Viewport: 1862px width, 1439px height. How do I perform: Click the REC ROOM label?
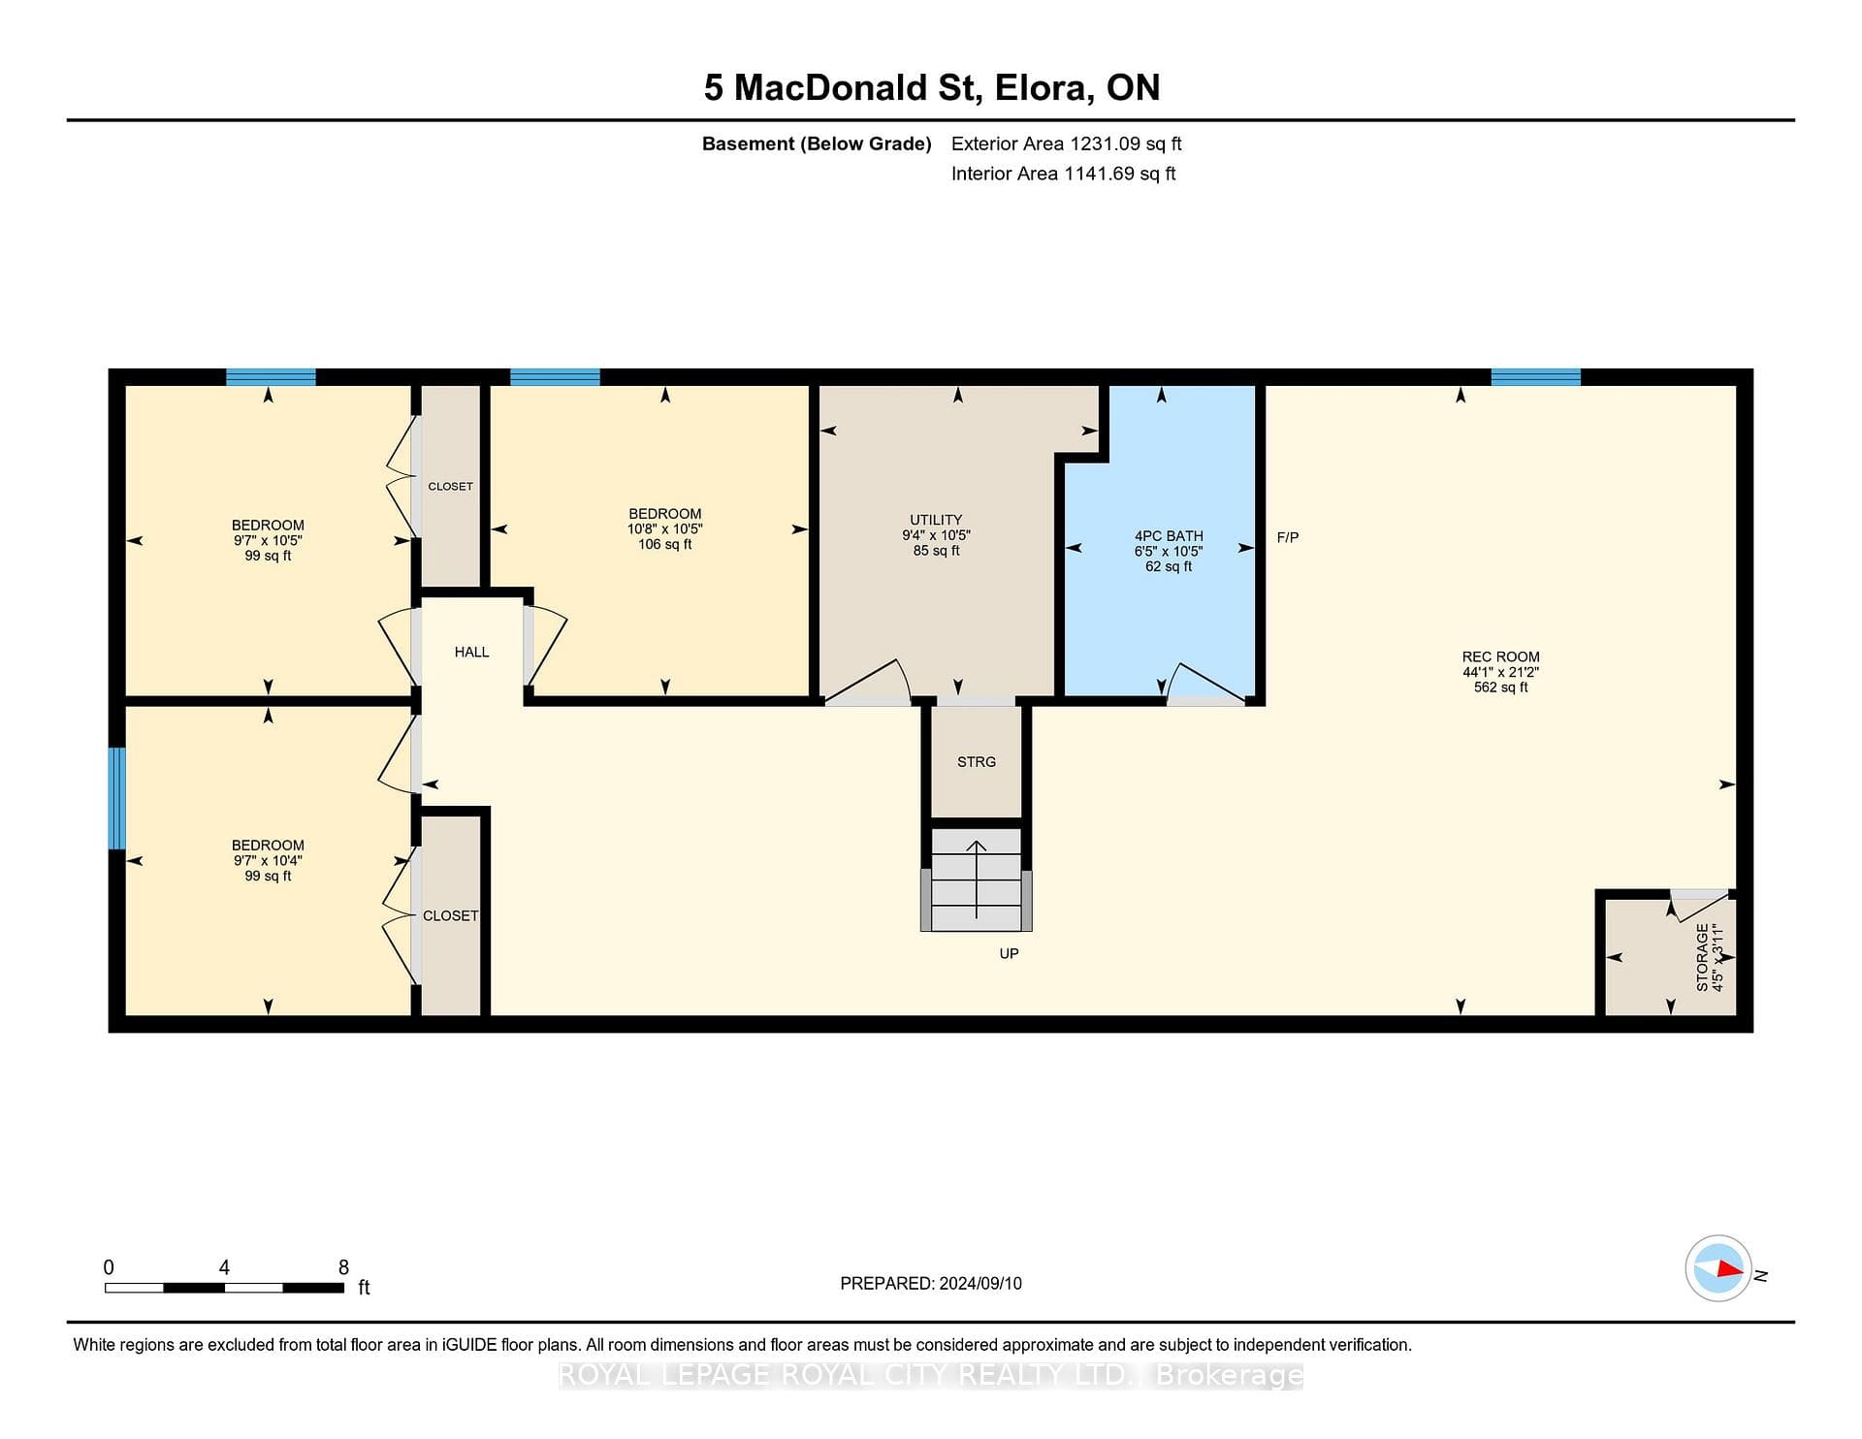(1500, 656)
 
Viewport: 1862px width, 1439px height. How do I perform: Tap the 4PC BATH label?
(1169, 535)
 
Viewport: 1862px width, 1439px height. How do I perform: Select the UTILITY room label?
(936, 520)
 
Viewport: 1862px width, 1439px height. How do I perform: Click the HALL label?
(471, 652)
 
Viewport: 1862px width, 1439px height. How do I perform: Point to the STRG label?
(977, 762)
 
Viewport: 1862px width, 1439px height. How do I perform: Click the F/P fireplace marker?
(1288, 537)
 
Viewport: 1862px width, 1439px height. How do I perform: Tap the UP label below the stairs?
(1009, 953)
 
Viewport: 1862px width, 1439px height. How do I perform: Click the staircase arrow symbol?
(977, 879)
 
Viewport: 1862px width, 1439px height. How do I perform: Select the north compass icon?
(1718, 1268)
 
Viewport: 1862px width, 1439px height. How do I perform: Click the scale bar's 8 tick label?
(343, 1266)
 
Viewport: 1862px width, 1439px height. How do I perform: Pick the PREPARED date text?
(931, 1283)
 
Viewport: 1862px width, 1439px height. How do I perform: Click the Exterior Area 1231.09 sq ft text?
(1067, 144)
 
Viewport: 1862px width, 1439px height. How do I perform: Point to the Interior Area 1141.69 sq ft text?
(1064, 174)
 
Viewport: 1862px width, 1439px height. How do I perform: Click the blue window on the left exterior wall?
(116, 798)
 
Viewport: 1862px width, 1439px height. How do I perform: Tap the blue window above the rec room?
(1535, 377)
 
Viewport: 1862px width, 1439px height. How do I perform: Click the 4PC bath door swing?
(1205, 682)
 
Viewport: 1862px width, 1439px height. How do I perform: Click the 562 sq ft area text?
(1500, 688)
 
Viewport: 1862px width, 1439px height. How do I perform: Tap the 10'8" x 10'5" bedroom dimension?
(664, 529)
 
